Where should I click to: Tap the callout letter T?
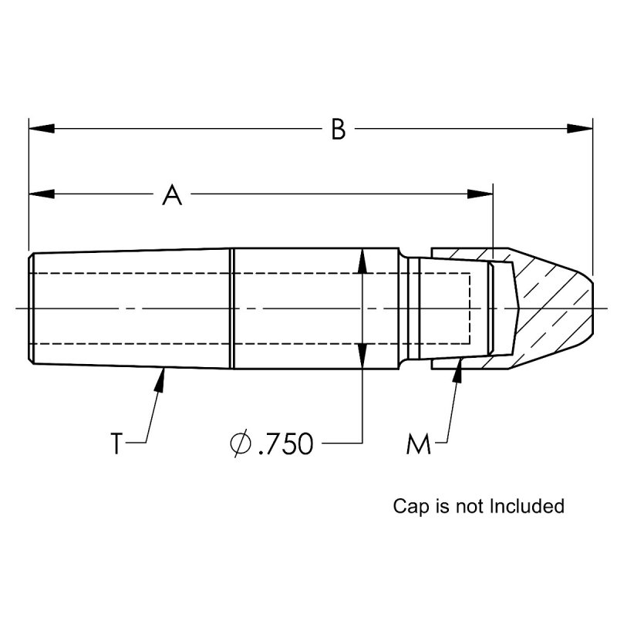(x=116, y=444)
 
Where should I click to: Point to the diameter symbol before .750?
(x=238, y=444)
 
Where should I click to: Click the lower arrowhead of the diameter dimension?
(x=362, y=356)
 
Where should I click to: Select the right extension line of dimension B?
(x=592, y=193)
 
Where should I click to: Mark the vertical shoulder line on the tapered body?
(x=232, y=308)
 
